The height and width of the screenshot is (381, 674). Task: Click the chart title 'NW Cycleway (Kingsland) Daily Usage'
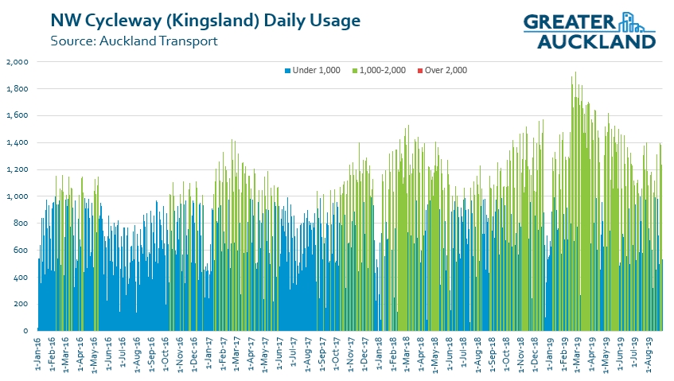coord(205,19)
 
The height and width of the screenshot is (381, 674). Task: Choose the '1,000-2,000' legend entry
coord(382,70)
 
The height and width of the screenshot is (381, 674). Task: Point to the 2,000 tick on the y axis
coord(17,61)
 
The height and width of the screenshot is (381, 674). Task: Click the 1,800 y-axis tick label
coord(17,88)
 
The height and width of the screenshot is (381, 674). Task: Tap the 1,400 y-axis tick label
coord(17,142)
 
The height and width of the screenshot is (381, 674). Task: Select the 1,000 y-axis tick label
coord(17,196)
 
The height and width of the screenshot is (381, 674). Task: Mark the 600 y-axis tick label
coord(21,251)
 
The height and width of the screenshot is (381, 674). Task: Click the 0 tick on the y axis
coord(26,331)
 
